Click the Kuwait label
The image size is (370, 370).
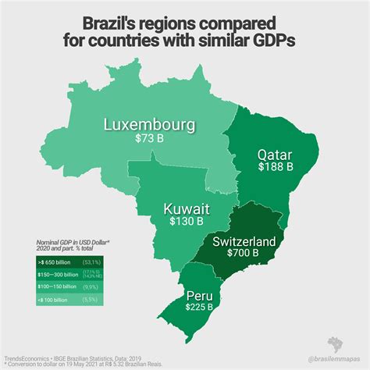pos(186,208)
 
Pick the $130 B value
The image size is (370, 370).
pos(187,222)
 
